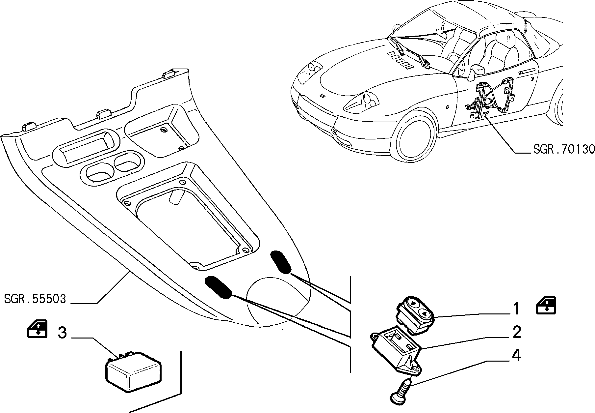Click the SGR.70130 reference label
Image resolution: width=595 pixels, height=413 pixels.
click(564, 149)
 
